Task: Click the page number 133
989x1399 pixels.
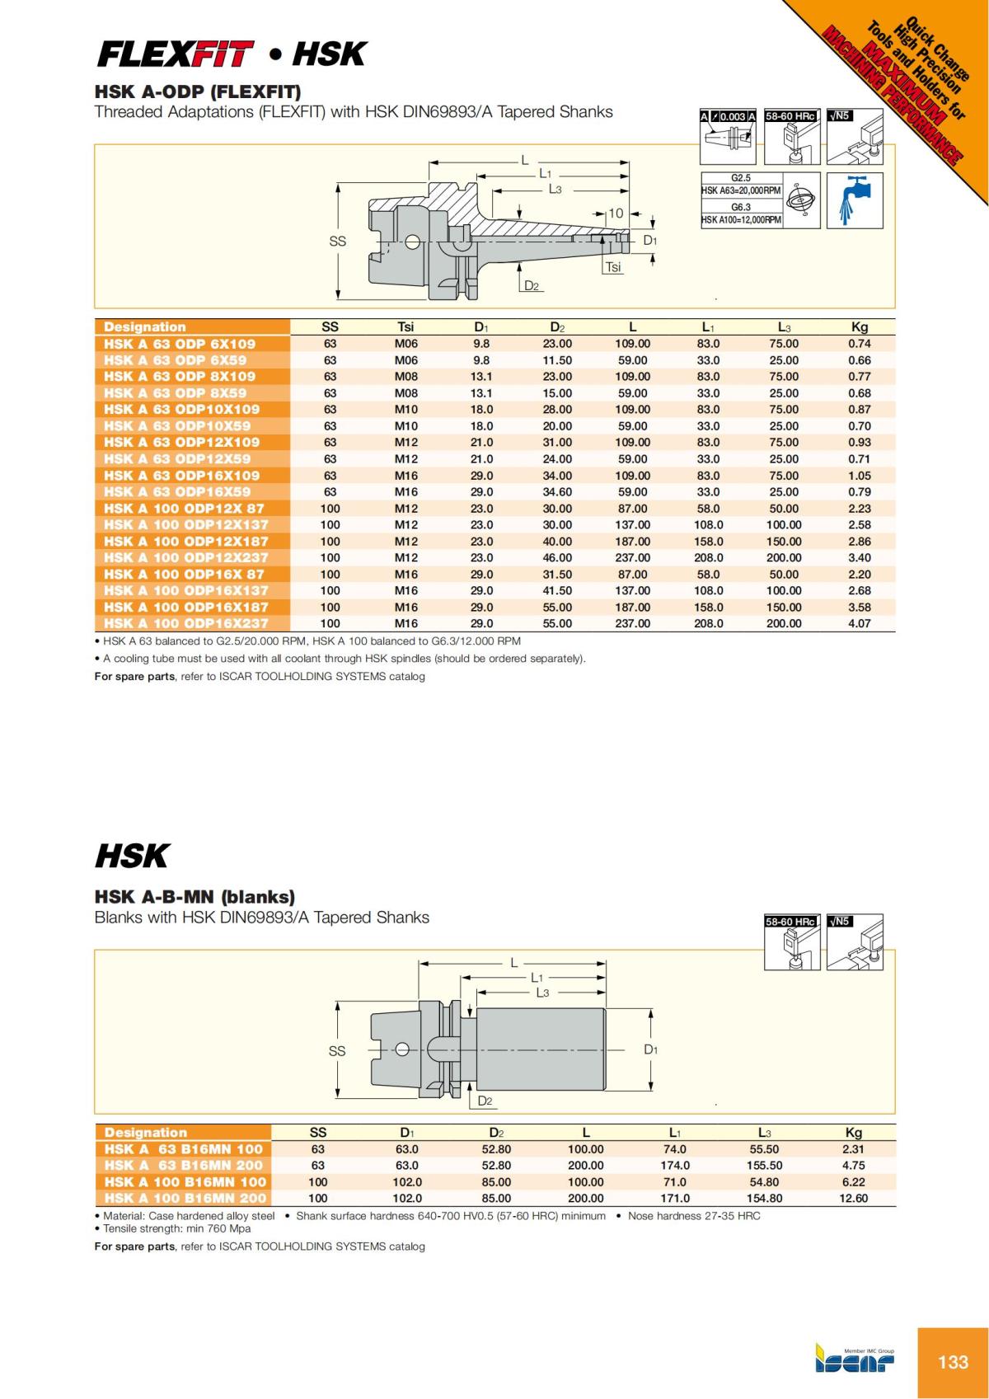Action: [953, 1361]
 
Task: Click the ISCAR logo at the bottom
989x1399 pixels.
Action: [855, 1363]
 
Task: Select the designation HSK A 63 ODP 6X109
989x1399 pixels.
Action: [180, 344]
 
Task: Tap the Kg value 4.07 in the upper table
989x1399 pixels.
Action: [859, 624]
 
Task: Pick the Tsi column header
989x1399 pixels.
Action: [405, 327]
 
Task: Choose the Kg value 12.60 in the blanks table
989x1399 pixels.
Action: [853, 1199]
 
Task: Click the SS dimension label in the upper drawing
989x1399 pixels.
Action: [337, 242]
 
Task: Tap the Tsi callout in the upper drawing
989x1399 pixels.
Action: [613, 267]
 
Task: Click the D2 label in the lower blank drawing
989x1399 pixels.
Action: [485, 1101]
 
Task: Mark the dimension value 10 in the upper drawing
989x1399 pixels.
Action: [616, 214]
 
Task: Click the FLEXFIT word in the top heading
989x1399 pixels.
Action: [174, 55]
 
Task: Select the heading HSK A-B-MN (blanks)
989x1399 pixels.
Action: [195, 896]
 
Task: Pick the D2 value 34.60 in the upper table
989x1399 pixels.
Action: [557, 492]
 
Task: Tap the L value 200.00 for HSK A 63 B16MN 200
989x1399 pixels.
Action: [585, 1166]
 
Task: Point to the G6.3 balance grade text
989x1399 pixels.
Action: [741, 207]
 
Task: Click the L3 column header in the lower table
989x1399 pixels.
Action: [764, 1133]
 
